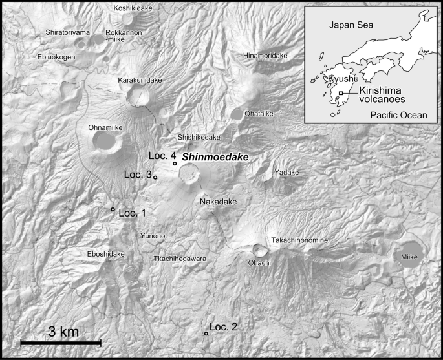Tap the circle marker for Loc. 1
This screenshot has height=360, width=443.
click(x=113, y=209)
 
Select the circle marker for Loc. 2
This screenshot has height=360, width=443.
click(x=206, y=334)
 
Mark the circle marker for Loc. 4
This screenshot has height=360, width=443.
click(x=175, y=164)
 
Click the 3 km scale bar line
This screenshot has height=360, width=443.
click(x=61, y=342)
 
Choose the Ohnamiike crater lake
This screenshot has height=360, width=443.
click(x=105, y=142)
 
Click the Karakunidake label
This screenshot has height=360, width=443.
click(x=140, y=80)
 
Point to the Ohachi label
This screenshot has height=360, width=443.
click(x=259, y=263)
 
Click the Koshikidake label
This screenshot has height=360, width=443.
click(x=133, y=8)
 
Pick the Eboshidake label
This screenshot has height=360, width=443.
click(x=105, y=255)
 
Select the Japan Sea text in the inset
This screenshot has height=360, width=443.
click(x=347, y=26)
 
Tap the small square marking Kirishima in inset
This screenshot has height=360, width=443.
click(x=340, y=94)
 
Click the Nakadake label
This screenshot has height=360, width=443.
click(x=219, y=202)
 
